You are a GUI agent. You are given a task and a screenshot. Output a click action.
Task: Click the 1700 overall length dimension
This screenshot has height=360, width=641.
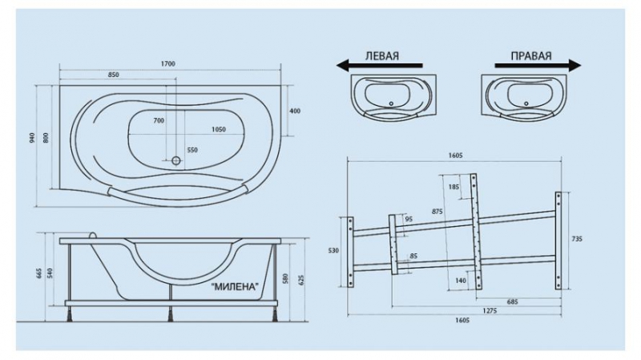[x=168, y=64]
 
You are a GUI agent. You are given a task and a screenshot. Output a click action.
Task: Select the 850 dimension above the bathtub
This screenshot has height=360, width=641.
[x=113, y=75]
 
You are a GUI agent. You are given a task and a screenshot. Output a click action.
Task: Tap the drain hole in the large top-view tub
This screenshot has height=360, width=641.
[x=176, y=160]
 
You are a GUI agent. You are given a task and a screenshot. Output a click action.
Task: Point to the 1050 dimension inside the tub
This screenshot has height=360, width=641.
[x=219, y=129]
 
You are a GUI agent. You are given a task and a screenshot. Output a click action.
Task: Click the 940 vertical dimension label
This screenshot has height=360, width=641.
[x=33, y=138]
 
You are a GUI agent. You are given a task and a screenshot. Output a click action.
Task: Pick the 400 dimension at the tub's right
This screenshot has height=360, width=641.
[x=295, y=111]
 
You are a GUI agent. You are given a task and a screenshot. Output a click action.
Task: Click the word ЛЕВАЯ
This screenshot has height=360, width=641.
[x=382, y=55]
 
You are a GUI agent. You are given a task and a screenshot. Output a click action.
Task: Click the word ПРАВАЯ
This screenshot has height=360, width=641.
[x=531, y=55]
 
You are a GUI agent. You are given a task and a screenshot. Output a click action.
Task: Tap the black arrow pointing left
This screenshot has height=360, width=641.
[x=379, y=65]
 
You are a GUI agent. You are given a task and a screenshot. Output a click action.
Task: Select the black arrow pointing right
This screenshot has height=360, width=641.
[x=538, y=65]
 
